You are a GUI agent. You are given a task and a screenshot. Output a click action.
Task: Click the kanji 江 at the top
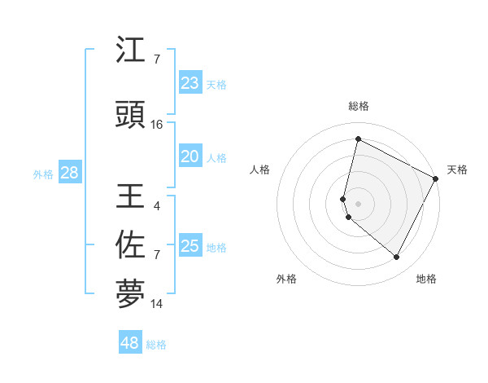pos(131,51)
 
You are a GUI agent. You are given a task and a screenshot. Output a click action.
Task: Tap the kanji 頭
pos(131,116)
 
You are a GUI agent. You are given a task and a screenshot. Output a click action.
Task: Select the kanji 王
pos(131,197)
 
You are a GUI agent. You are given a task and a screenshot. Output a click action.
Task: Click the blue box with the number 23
pos(190,83)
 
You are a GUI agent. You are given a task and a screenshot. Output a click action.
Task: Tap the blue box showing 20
pos(190,157)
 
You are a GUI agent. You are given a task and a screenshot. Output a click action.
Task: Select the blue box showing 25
pos(190,246)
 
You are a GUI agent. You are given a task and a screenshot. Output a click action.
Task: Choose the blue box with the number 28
pos(69,173)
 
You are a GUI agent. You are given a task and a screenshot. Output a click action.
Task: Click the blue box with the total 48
pos(130,343)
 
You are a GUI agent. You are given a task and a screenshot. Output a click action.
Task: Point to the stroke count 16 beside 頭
pos(157,125)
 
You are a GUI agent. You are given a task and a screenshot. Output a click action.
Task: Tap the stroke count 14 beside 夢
pos(157,304)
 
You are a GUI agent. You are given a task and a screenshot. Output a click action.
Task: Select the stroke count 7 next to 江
pos(157,59)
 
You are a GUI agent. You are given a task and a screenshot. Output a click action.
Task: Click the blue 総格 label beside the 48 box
pos(156,345)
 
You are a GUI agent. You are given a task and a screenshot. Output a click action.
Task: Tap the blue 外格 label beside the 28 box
pos(43,174)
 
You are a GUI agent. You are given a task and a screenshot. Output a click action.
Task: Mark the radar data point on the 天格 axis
pos(436,178)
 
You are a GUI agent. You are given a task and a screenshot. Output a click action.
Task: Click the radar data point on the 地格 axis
pos(397,258)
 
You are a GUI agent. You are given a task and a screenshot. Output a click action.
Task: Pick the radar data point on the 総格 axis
pos(358,139)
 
